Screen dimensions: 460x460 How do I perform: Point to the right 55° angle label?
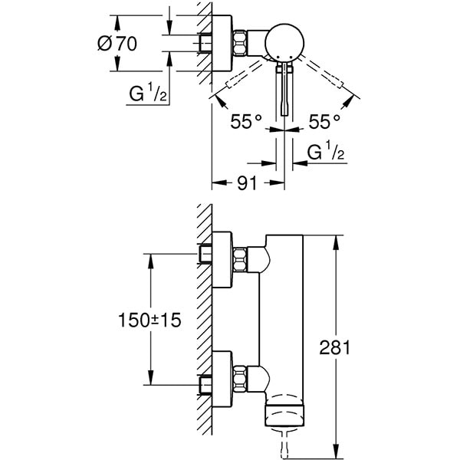(325, 120)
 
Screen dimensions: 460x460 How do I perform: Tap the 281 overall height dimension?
(335, 347)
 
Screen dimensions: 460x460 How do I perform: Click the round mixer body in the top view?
(287, 44)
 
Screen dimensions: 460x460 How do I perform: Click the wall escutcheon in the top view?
(222, 44)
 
